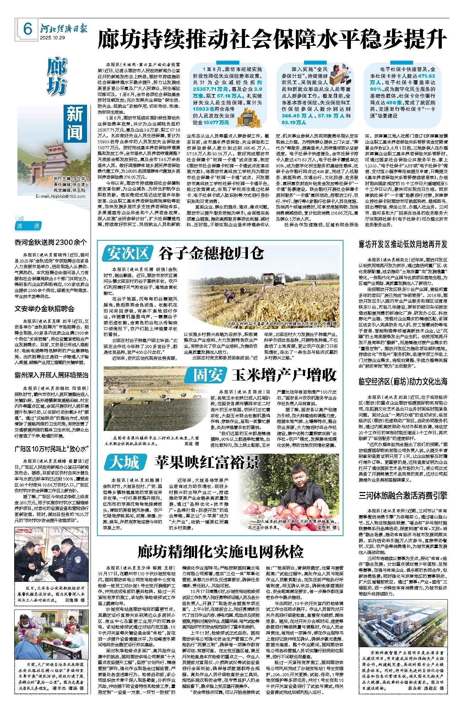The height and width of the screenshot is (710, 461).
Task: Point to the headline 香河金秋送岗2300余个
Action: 50,242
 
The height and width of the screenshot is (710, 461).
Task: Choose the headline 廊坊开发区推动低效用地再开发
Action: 403,244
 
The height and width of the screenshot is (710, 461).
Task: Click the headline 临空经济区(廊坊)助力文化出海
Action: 403,382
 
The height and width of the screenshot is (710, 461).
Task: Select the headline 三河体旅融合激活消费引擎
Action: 403,495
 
